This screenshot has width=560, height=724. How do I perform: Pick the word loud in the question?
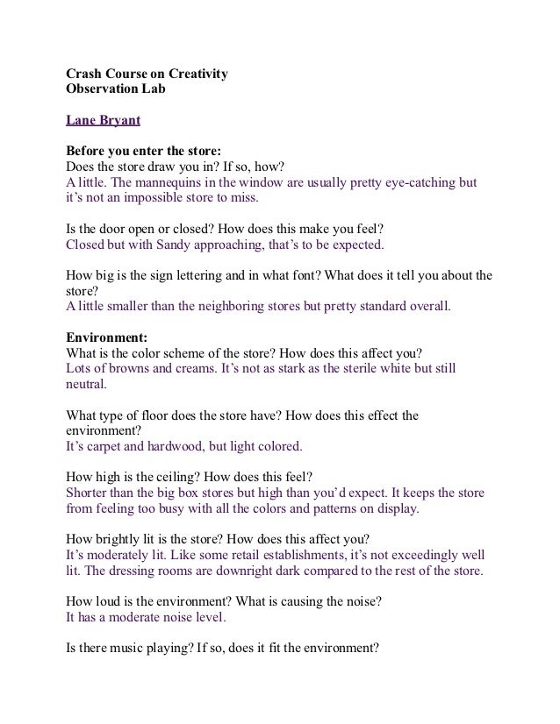click(x=113, y=602)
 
